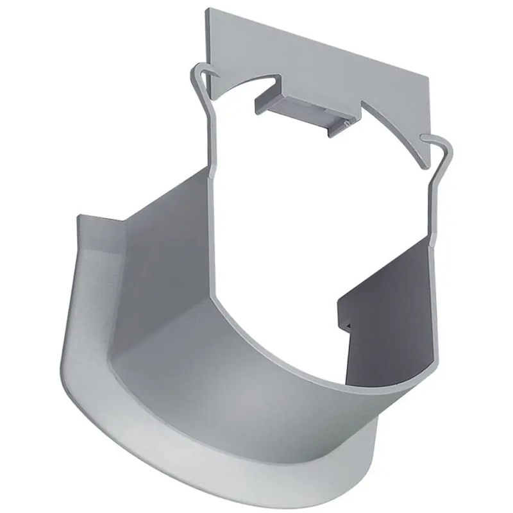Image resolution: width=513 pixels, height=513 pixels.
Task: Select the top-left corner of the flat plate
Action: (208, 10)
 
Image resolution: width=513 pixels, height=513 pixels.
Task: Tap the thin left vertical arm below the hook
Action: (212, 147)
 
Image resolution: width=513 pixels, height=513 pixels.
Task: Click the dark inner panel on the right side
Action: (391, 308)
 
